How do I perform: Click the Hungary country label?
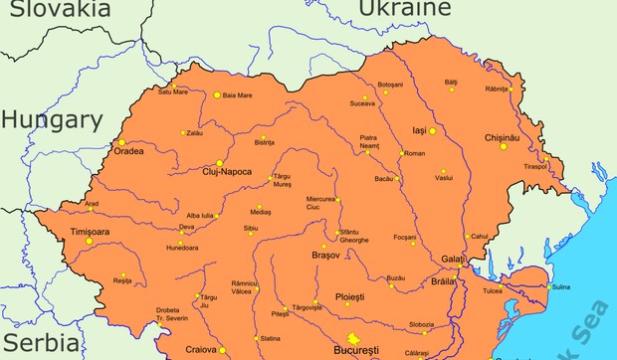point(51,121)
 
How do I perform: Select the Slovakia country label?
point(55,9)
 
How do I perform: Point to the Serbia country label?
point(39,343)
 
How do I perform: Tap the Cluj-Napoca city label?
point(238,172)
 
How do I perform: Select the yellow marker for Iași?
point(433,130)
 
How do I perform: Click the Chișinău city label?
point(501,136)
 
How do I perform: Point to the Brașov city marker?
point(323,246)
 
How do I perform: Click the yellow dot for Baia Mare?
point(217,95)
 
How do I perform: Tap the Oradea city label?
point(128,152)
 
